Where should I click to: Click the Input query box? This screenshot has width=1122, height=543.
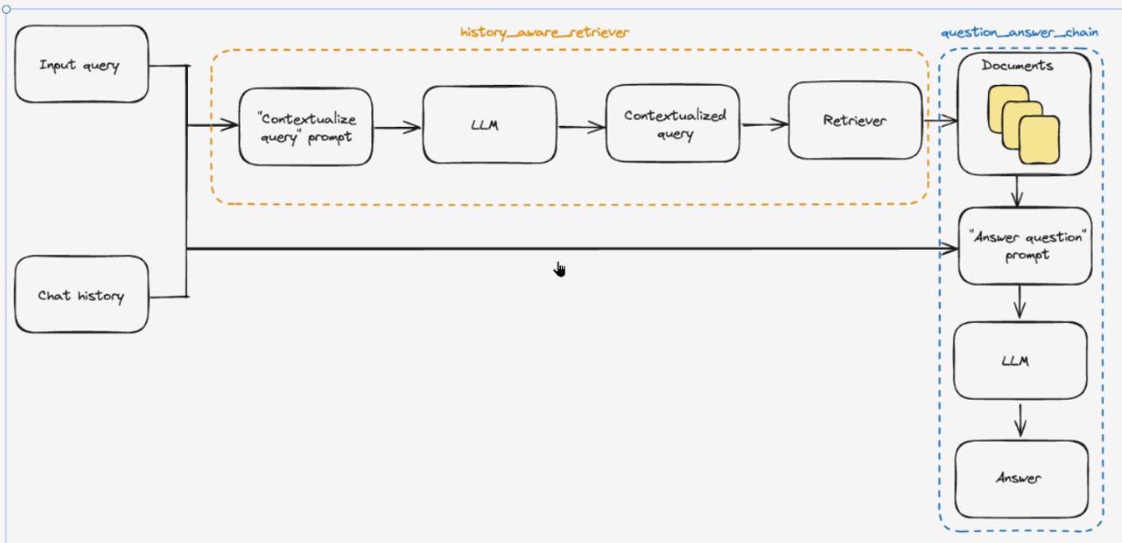(81, 65)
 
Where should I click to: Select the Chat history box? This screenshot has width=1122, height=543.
(81, 295)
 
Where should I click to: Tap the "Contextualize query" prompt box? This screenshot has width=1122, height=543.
(306, 127)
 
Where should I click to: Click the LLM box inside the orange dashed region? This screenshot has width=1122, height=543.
(489, 125)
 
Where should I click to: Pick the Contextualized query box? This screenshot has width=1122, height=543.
(673, 125)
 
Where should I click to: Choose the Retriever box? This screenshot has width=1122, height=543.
(855, 120)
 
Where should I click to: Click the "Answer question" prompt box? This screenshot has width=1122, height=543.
(1024, 246)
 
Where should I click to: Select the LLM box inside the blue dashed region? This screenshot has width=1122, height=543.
(1020, 360)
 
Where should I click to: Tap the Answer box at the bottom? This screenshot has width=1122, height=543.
(1021, 478)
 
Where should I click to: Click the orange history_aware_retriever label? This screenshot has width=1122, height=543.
(545, 32)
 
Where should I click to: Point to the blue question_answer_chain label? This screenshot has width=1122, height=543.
(1019, 32)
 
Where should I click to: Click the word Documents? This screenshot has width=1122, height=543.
(1017, 66)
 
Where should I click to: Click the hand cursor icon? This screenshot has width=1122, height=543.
(560, 268)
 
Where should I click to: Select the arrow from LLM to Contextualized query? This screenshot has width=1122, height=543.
(581, 127)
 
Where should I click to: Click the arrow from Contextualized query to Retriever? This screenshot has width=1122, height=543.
(764, 126)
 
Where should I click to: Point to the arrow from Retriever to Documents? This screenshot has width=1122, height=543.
(939, 120)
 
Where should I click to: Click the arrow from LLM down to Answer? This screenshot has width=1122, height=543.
(1021, 420)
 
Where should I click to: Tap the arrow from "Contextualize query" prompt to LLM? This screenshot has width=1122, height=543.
(398, 128)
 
